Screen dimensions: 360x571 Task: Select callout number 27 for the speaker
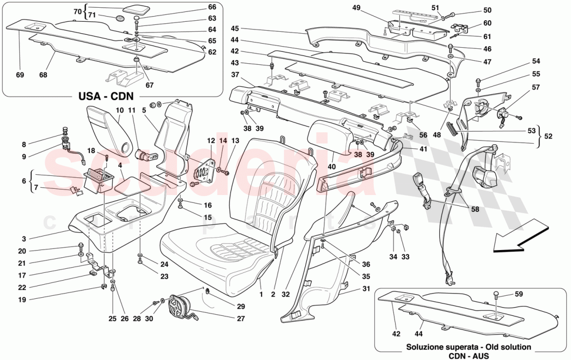[x=240, y=319]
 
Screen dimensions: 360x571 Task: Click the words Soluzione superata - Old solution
[x=469, y=347]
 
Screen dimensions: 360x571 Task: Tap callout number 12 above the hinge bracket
[x=210, y=141]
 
